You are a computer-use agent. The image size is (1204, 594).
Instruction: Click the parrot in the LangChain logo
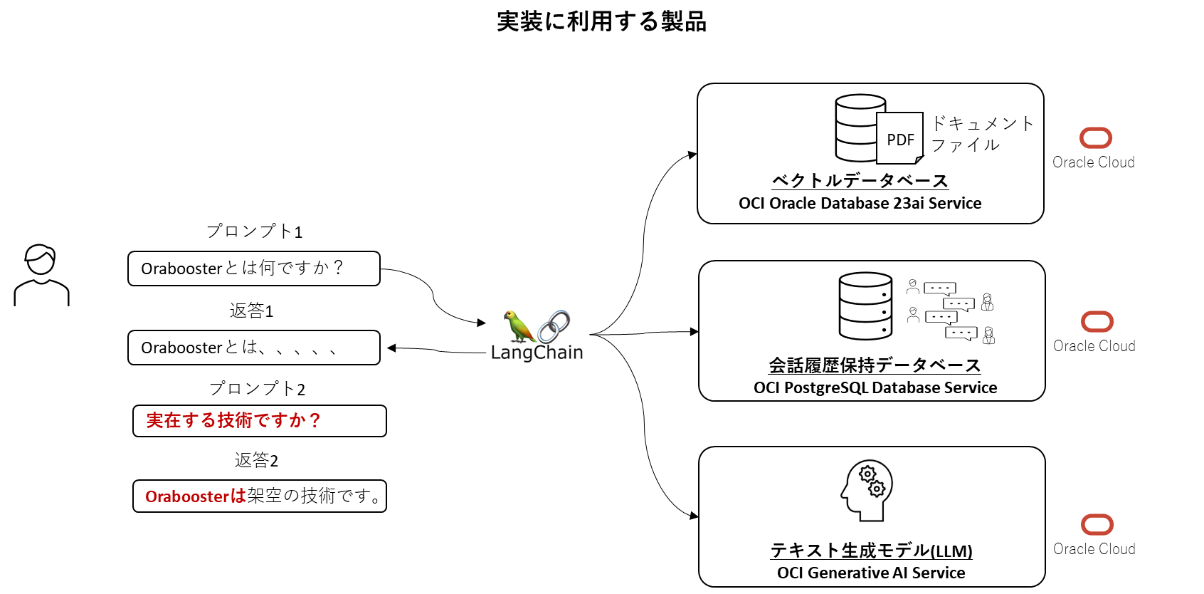click(x=517, y=327)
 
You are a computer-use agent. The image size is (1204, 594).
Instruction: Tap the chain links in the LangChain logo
click(x=554, y=326)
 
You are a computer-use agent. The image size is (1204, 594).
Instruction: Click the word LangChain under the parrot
click(x=537, y=353)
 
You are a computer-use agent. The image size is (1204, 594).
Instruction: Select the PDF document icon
click(x=899, y=138)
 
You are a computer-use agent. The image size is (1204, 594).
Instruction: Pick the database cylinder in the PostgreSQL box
click(x=865, y=306)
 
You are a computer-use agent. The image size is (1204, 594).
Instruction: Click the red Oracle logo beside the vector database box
click(x=1096, y=138)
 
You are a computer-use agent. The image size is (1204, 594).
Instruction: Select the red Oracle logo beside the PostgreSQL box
click(x=1097, y=322)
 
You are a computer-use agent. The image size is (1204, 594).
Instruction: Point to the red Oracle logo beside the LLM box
click(x=1097, y=525)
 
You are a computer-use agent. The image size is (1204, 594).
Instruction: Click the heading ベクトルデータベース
click(x=860, y=181)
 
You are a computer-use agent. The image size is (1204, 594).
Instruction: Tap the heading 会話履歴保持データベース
click(x=875, y=365)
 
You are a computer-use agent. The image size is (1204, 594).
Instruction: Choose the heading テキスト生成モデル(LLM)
click(x=871, y=551)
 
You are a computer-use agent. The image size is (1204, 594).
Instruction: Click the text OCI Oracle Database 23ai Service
click(x=860, y=204)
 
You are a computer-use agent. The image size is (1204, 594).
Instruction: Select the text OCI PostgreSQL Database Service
click(x=875, y=388)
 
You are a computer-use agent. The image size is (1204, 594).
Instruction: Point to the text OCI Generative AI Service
click(x=871, y=573)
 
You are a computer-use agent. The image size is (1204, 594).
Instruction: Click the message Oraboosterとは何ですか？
click(x=243, y=269)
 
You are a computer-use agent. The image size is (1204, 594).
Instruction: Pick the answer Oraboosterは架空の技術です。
click(x=263, y=496)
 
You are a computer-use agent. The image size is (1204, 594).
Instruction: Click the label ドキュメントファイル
click(x=981, y=134)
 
